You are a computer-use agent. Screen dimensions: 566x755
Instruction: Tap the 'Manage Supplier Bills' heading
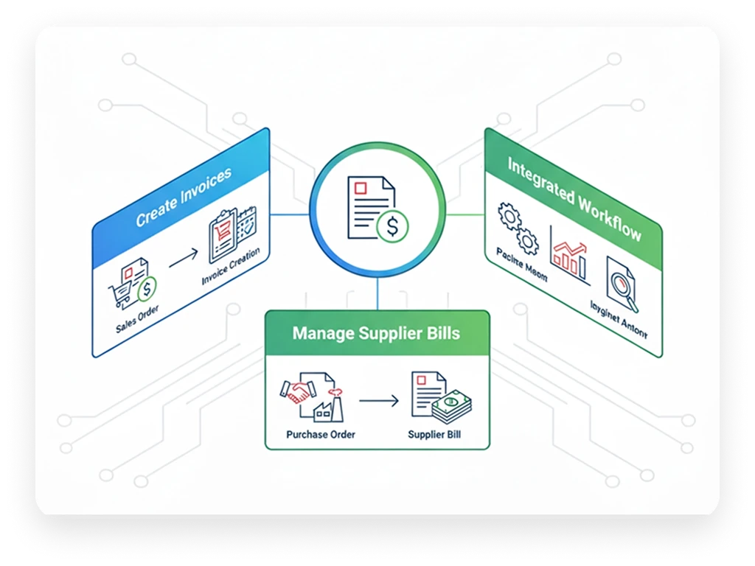click(x=376, y=333)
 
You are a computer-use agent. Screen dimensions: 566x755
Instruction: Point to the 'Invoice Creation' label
click(x=231, y=267)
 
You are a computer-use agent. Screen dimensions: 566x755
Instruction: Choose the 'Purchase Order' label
click(x=321, y=434)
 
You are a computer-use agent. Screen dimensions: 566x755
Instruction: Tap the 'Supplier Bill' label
click(x=435, y=434)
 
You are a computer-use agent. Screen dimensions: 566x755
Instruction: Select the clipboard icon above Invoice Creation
click(x=223, y=235)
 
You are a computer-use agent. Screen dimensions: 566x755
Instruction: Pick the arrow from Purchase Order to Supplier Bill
click(x=378, y=400)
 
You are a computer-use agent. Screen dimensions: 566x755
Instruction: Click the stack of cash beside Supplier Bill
click(x=451, y=405)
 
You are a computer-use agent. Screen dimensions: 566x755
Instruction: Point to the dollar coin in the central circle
click(x=392, y=227)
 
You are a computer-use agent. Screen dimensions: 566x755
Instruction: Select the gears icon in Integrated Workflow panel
click(x=516, y=227)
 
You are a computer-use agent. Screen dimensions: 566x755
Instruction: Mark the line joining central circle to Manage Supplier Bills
click(x=377, y=294)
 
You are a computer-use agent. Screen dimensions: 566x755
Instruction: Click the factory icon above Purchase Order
click(x=326, y=403)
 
